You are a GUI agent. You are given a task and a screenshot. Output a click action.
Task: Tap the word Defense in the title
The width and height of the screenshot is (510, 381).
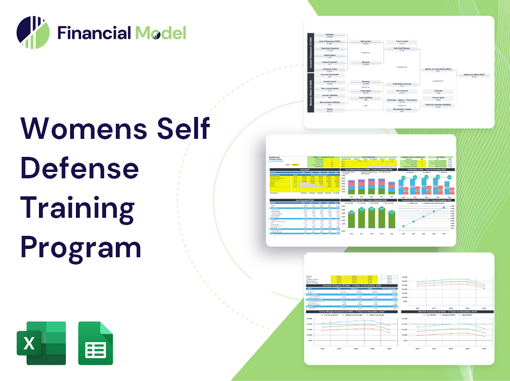(x=79, y=169)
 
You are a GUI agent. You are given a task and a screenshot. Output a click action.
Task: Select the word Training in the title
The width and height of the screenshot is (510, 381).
(x=78, y=209)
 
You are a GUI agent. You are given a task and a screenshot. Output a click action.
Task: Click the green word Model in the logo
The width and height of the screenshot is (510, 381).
(x=161, y=33)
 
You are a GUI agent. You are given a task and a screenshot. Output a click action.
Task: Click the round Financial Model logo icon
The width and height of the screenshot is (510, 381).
(x=33, y=33)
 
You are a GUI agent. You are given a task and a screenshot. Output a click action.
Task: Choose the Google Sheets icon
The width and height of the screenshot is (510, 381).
(x=96, y=343)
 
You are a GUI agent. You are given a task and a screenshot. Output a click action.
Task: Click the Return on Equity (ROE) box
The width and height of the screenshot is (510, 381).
(x=474, y=76)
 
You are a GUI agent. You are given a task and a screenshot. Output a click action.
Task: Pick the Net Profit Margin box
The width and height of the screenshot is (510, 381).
(x=401, y=49)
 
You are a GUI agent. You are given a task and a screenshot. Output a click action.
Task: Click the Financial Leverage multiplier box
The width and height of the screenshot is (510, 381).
(x=437, y=105)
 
